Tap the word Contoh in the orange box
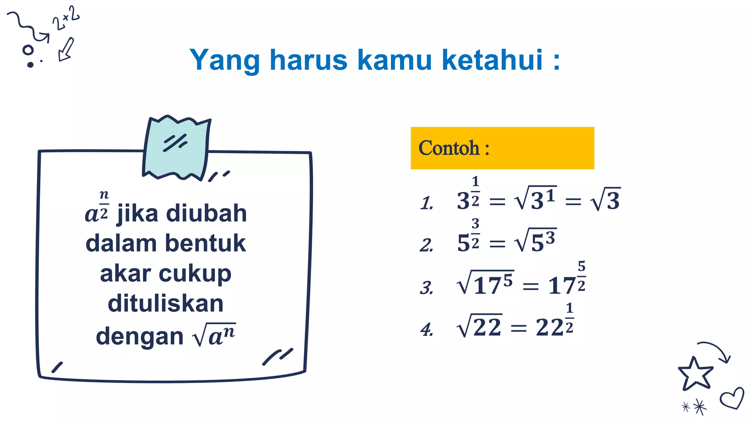tap(449, 148)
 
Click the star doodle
tap(695, 374)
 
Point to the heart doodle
tap(732, 398)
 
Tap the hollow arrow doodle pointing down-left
tap(66, 50)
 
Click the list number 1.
tap(426, 203)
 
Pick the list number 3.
tap(426, 288)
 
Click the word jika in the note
tap(138, 214)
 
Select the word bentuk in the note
tap(205, 243)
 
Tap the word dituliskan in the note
tap(165, 304)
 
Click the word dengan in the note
tap(139, 336)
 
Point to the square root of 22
tap(479, 326)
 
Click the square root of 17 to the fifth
tap(485, 283)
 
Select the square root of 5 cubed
tap(535, 241)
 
